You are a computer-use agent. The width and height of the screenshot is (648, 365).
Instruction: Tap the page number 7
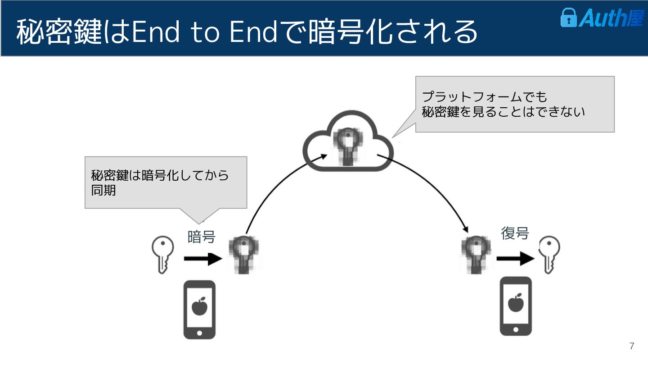tap(632, 346)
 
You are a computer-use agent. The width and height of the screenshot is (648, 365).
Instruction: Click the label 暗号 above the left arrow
tap(201, 237)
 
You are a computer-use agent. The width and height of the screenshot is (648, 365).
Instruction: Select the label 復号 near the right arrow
tap(515, 233)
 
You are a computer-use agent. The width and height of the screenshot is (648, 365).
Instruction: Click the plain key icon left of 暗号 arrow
tap(162, 254)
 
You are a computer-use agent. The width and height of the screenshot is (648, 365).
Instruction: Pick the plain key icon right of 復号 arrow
tap(549, 255)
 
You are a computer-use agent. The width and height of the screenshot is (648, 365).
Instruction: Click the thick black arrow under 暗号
tap(202, 259)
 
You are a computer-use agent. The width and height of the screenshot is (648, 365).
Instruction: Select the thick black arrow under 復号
tap(515, 259)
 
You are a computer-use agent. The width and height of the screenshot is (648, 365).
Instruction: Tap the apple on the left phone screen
tap(199, 307)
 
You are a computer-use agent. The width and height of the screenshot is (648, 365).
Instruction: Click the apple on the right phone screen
tap(516, 302)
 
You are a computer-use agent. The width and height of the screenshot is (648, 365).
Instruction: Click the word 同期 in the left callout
tap(103, 190)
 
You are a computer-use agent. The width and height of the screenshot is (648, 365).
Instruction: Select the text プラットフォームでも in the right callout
tap(484, 97)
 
